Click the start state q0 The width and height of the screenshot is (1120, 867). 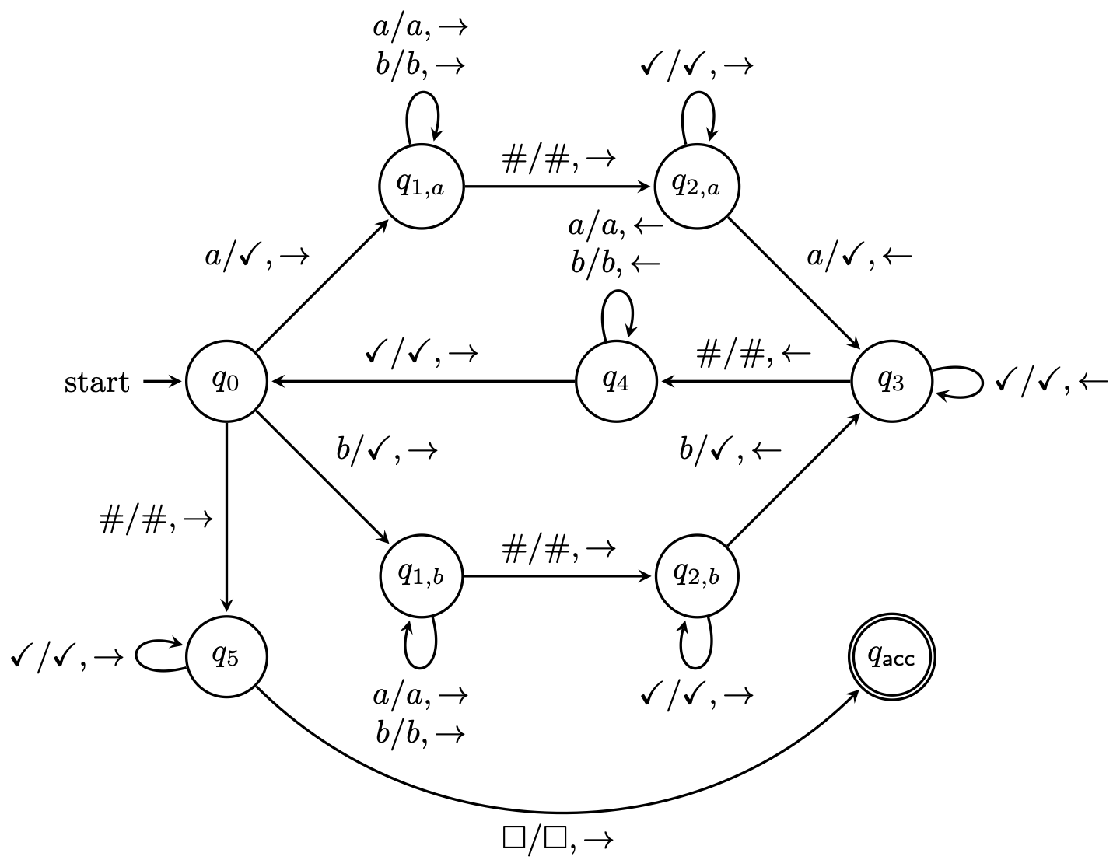coord(226,382)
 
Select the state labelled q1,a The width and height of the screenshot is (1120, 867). coord(422,187)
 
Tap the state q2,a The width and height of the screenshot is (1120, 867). coord(696,187)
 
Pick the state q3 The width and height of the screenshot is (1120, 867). coord(891,382)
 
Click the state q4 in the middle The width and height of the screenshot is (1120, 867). coord(616,382)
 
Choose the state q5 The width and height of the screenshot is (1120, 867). coord(226,657)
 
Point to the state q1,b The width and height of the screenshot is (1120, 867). coord(422,576)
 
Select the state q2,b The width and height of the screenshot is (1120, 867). coord(696,576)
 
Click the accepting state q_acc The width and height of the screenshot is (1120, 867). coord(891,657)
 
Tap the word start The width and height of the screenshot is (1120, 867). coord(97,383)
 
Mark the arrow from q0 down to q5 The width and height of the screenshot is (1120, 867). coord(226,513)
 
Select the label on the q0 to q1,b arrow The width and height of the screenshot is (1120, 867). coord(387,451)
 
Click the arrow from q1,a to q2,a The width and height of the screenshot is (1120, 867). coord(558,187)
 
